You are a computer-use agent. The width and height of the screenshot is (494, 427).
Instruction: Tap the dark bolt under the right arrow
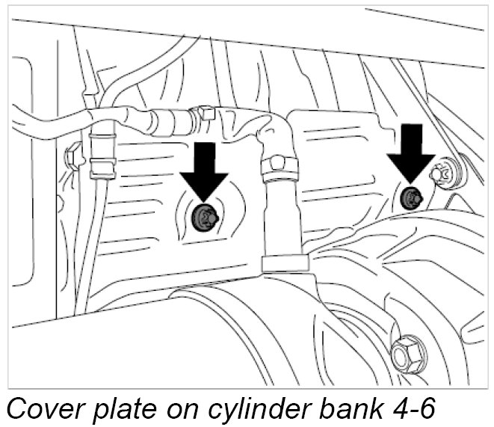410,198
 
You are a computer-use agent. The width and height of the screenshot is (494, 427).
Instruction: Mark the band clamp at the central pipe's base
284,262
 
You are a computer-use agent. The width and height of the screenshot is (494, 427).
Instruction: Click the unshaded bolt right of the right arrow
445,174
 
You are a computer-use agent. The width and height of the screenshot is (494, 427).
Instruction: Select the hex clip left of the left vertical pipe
74,156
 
